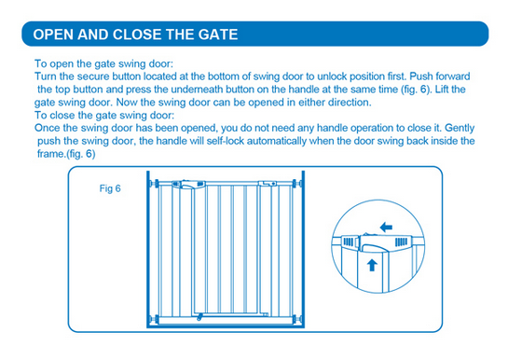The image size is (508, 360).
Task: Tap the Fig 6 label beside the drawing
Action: tap(110, 188)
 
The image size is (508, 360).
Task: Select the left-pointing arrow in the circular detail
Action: tap(386, 228)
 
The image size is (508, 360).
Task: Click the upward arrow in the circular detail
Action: tap(372, 265)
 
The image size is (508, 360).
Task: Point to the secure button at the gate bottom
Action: tap(199, 316)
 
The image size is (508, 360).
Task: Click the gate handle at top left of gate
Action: tap(188, 185)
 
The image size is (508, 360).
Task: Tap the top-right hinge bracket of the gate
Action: tap(268, 183)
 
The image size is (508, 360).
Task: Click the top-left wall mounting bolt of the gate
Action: tap(154, 184)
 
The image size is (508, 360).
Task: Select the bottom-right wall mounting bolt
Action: tap(297, 319)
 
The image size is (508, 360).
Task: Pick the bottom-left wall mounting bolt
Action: tap(154, 319)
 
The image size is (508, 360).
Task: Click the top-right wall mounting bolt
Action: tap(297, 184)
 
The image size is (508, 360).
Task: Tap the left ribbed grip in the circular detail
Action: tap(349, 242)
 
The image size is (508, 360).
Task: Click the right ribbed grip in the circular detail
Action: tap(401, 242)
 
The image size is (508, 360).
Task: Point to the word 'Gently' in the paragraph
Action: tap(460, 128)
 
